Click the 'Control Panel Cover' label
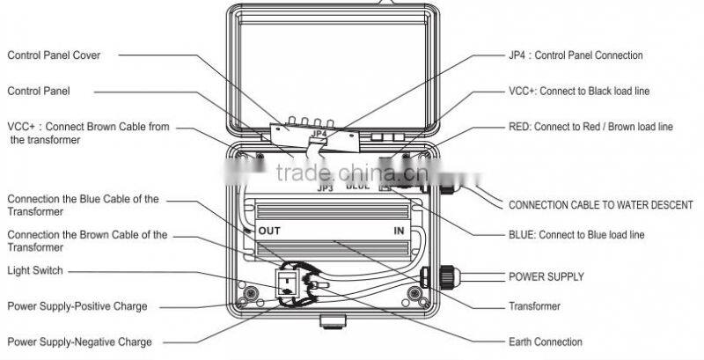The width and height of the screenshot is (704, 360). (54, 55)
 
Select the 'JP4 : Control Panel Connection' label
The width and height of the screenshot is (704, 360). (576, 55)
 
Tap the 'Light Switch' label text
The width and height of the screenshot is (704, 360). (35, 271)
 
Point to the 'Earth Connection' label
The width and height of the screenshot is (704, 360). (545, 342)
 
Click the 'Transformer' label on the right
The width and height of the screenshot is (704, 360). (534, 306)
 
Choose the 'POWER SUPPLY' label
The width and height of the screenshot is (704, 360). (546, 276)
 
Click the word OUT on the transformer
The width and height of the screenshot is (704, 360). (269, 231)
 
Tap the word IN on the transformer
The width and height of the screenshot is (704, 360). (399, 231)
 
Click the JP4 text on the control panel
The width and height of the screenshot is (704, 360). (319, 133)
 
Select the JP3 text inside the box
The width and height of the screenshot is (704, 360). (325, 188)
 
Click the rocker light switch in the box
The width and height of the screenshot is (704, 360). (287, 284)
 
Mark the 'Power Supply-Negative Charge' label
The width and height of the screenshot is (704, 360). (79, 342)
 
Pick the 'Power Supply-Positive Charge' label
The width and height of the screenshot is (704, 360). (77, 306)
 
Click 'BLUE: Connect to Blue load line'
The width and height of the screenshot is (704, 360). (576, 235)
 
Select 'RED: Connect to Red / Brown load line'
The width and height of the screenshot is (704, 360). (590, 127)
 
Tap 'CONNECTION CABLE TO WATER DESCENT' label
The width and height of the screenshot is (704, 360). (601, 205)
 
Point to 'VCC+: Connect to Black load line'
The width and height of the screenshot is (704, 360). (579, 92)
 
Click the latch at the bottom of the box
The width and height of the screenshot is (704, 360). (333, 321)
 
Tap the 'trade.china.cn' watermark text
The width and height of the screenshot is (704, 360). (353, 173)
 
